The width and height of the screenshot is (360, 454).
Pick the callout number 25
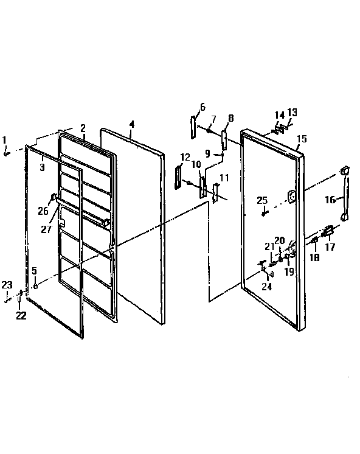click(x=261, y=200)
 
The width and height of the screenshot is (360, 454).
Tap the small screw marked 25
click(x=263, y=212)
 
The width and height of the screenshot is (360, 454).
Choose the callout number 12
click(x=185, y=157)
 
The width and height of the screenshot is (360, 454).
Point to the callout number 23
click(x=6, y=284)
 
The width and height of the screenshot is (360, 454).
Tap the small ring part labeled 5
click(x=36, y=285)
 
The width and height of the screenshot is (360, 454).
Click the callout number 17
click(x=331, y=247)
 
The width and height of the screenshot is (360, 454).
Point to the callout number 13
click(x=292, y=113)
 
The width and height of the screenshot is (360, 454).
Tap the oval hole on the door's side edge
click(x=292, y=197)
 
